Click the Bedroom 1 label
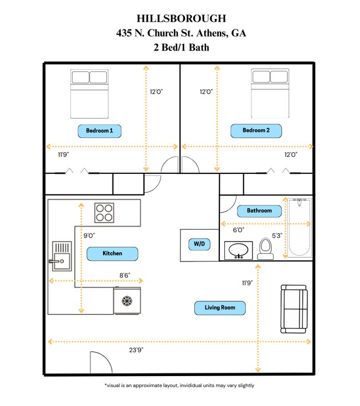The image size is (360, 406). point(100,131)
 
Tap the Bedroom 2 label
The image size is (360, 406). point(256,131)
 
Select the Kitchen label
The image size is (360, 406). point(112,254)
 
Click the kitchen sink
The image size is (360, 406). point(61,256)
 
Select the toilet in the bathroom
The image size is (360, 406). point(266,249)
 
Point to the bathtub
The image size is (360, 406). point(299,227)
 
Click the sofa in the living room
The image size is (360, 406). point(294,309)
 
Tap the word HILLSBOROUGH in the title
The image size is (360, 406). point(181,19)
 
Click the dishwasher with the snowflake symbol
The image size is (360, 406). point(127,301)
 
